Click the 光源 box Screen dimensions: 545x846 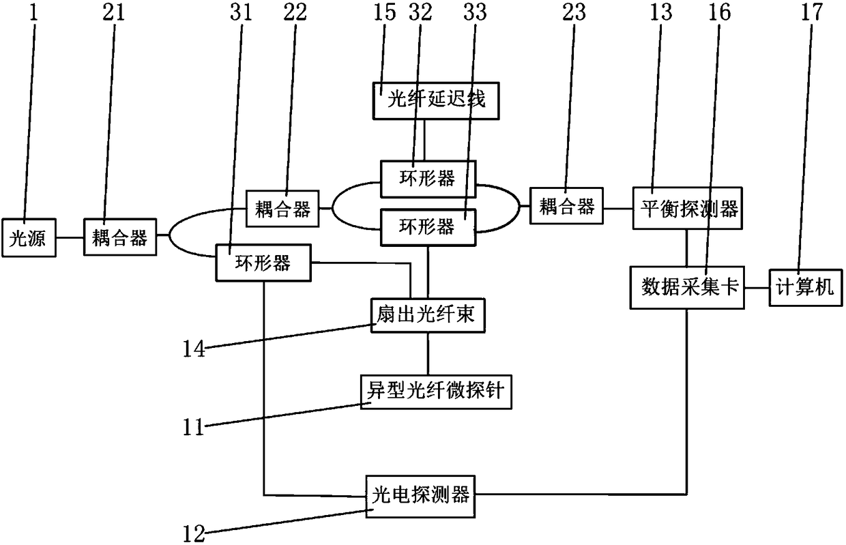pos(31,238)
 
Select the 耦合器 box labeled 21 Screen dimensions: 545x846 pos(120,238)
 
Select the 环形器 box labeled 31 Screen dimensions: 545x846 pos(263,263)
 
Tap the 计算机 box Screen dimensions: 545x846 pos(806,288)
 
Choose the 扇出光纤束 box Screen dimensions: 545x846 pos(428,315)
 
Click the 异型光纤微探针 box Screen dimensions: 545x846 pos(436,392)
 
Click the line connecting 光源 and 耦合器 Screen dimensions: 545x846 pos(70,238)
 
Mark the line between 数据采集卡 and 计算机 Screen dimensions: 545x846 pos(757,288)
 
